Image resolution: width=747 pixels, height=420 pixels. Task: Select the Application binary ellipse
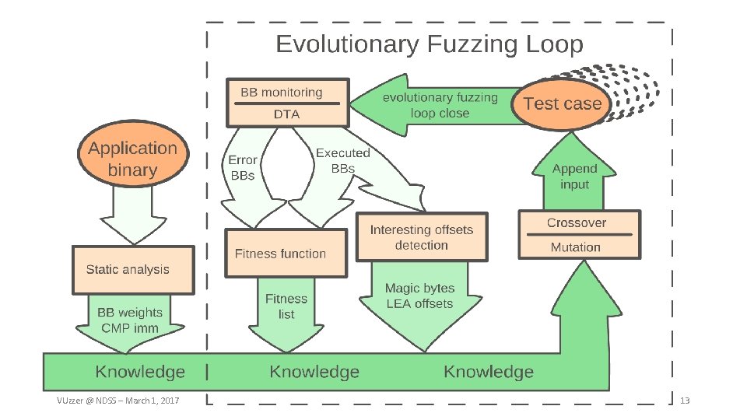coord(133,159)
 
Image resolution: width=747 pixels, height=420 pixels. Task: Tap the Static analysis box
coord(132,270)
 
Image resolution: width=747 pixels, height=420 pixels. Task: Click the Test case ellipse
coord(562,103)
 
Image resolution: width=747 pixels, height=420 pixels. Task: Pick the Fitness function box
coord(286,254)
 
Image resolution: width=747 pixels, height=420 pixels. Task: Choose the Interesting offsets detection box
coord(421,237)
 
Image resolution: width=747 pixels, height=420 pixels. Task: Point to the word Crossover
coord(576,222)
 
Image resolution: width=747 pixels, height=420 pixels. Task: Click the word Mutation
coord(576,247)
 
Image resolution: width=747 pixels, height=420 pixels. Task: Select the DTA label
coord(286,114)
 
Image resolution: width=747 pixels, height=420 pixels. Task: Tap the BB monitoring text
coord(281,92)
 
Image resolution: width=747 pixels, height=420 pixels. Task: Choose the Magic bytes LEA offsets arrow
coord(420,299)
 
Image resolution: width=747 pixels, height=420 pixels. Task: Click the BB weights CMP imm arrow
coord(129,320)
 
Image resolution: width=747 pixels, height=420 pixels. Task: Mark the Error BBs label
coord(242,167)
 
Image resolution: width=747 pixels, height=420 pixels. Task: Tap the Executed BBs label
coord(343,160)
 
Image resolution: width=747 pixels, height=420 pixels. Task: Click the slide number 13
coord(685,401)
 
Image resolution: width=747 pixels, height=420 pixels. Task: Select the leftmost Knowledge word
coord(140,372)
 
